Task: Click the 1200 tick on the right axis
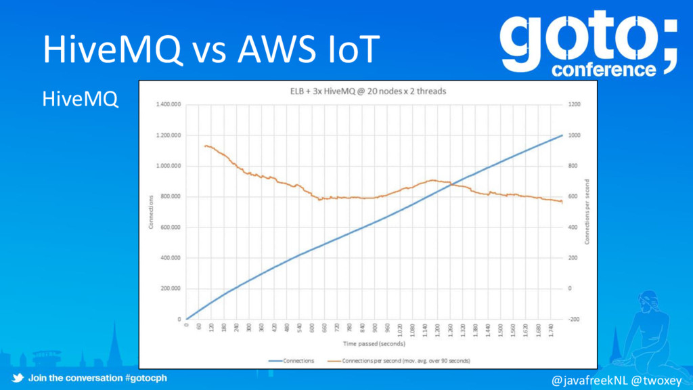point(573,105)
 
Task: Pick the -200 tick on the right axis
point(573,319)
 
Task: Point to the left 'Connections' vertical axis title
point(151,212)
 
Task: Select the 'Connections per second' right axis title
point(587,212)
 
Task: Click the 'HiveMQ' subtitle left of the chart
point(81,100)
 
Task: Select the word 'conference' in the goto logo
point(604,70)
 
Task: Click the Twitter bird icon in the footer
point(18,378)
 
